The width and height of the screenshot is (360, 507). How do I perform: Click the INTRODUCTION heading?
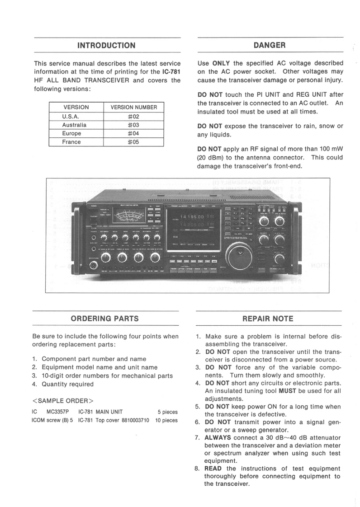tap(106, 45)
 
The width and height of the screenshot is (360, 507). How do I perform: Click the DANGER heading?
tap(270, 45)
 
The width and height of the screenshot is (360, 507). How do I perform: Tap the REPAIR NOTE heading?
tap(268, 319)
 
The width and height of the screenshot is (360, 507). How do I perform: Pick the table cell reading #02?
tap(133, 116)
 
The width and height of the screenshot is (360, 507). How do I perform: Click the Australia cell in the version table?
tap(74, 125)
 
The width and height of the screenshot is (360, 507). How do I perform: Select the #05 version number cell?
tap(133, 142)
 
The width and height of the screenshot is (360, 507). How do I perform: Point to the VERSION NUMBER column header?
tap(133, 108)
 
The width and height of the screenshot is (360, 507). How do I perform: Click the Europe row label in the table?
tap(72, 133)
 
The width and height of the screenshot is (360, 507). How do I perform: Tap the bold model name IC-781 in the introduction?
tap(171, 72)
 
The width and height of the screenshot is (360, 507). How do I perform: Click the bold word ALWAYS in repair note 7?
tap(218, 438)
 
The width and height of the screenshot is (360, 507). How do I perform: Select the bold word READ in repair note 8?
tap(213, 469)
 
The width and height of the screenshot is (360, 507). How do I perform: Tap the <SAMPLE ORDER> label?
tap(63, 400)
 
